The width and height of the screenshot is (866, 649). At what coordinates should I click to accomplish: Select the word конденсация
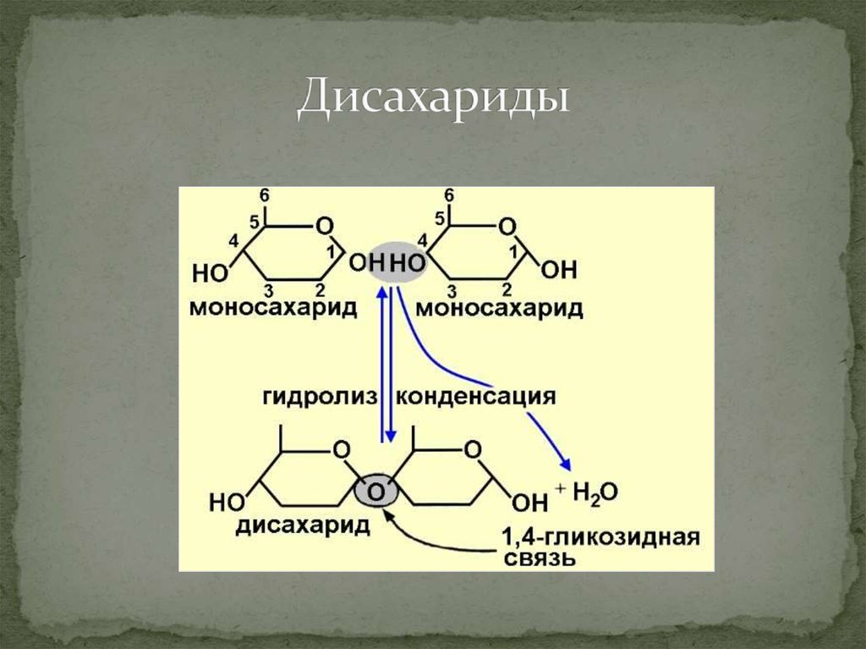475,397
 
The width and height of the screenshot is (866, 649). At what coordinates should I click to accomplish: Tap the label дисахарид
303,525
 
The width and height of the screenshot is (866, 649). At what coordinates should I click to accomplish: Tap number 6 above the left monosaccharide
266,195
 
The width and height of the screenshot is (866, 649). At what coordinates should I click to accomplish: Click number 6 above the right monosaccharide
450,195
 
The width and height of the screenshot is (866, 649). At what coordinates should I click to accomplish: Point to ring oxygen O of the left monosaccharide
324,227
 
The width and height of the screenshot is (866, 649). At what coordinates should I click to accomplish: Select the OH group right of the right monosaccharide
559,271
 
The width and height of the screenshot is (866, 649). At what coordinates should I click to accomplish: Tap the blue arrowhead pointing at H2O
566,465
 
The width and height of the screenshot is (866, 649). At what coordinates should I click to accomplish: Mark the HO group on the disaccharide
226,501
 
